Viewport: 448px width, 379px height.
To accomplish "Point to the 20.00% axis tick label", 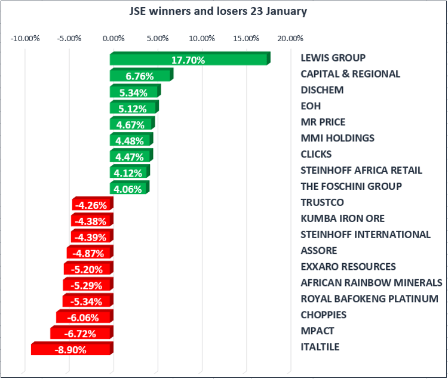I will click(x=290, y=39).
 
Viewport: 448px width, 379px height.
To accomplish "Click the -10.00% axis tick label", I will click(x=25, y=39).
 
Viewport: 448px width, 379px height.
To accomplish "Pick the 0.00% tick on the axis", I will click(x=113, y=39).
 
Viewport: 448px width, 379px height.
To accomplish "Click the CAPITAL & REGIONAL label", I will click(x=350, y=74).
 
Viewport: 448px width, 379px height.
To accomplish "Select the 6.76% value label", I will click(x=140, y=76).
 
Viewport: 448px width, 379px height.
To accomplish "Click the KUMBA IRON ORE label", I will click(x=343, y=218).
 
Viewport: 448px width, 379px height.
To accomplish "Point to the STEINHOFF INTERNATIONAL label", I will click(x=366, y=235).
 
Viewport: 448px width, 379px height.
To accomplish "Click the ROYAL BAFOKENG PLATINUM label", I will click(x=370, y=299).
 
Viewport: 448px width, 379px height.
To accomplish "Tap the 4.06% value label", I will click(x=127, y=189).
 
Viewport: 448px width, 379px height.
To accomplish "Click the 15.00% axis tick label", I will click(x=246, y=39).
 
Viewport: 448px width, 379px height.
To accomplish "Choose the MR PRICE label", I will click(x=323, y=122).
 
